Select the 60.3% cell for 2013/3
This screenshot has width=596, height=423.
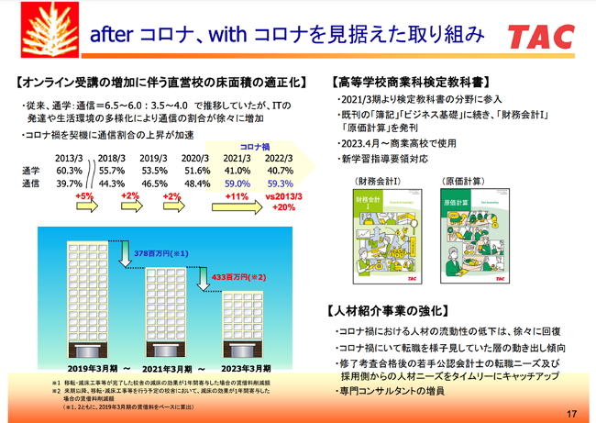tap(70, 171)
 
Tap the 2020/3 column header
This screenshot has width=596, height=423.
tap(197, 158)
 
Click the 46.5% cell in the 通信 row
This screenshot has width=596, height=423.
tap(155, 184)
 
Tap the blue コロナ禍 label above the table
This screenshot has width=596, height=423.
tap(258, 146)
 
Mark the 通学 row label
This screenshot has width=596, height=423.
tap(30, 171)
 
